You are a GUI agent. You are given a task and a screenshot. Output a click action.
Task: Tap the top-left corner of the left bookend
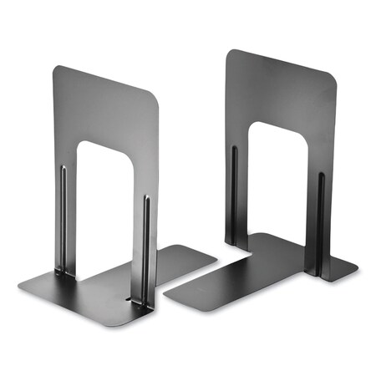55,69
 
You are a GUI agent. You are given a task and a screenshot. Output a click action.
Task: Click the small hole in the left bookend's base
128,297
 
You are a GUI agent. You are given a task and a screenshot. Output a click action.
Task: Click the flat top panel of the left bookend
104,109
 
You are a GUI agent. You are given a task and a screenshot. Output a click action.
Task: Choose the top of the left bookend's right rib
147,199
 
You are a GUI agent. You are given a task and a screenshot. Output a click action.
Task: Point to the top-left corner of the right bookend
227,52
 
